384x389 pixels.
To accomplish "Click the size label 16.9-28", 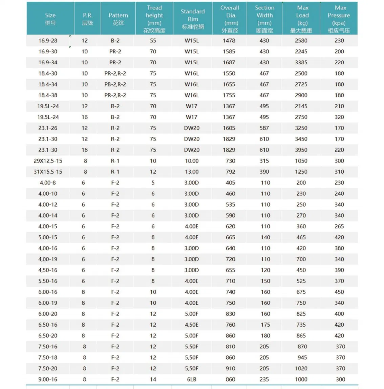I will (48, 41).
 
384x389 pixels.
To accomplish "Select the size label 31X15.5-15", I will (48, 172).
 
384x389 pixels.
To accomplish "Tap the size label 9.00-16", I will (48, 380).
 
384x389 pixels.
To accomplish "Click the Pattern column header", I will (118, 19).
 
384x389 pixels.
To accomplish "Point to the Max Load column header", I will (302, 19).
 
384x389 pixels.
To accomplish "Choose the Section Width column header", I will (264, 19).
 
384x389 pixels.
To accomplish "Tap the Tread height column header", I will (154, 19).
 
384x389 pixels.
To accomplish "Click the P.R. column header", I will (87, 19).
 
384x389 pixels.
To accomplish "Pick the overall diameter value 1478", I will (229, 41).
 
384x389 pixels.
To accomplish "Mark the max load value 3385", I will (301, 62).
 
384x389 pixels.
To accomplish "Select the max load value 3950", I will (301, 150).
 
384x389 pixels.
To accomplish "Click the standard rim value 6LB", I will (192, 380).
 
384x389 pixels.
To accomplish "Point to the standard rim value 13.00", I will (192, 172).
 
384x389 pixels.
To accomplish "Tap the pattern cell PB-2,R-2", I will (115, 84).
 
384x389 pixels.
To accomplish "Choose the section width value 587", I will (264, 128).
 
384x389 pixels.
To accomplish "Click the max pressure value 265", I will (339, 226).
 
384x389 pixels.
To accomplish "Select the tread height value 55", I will (153, 41).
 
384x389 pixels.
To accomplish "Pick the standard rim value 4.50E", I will (192, 325).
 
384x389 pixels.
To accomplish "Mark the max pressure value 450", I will (339, 292).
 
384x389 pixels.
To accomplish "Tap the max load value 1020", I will (301, 368).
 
